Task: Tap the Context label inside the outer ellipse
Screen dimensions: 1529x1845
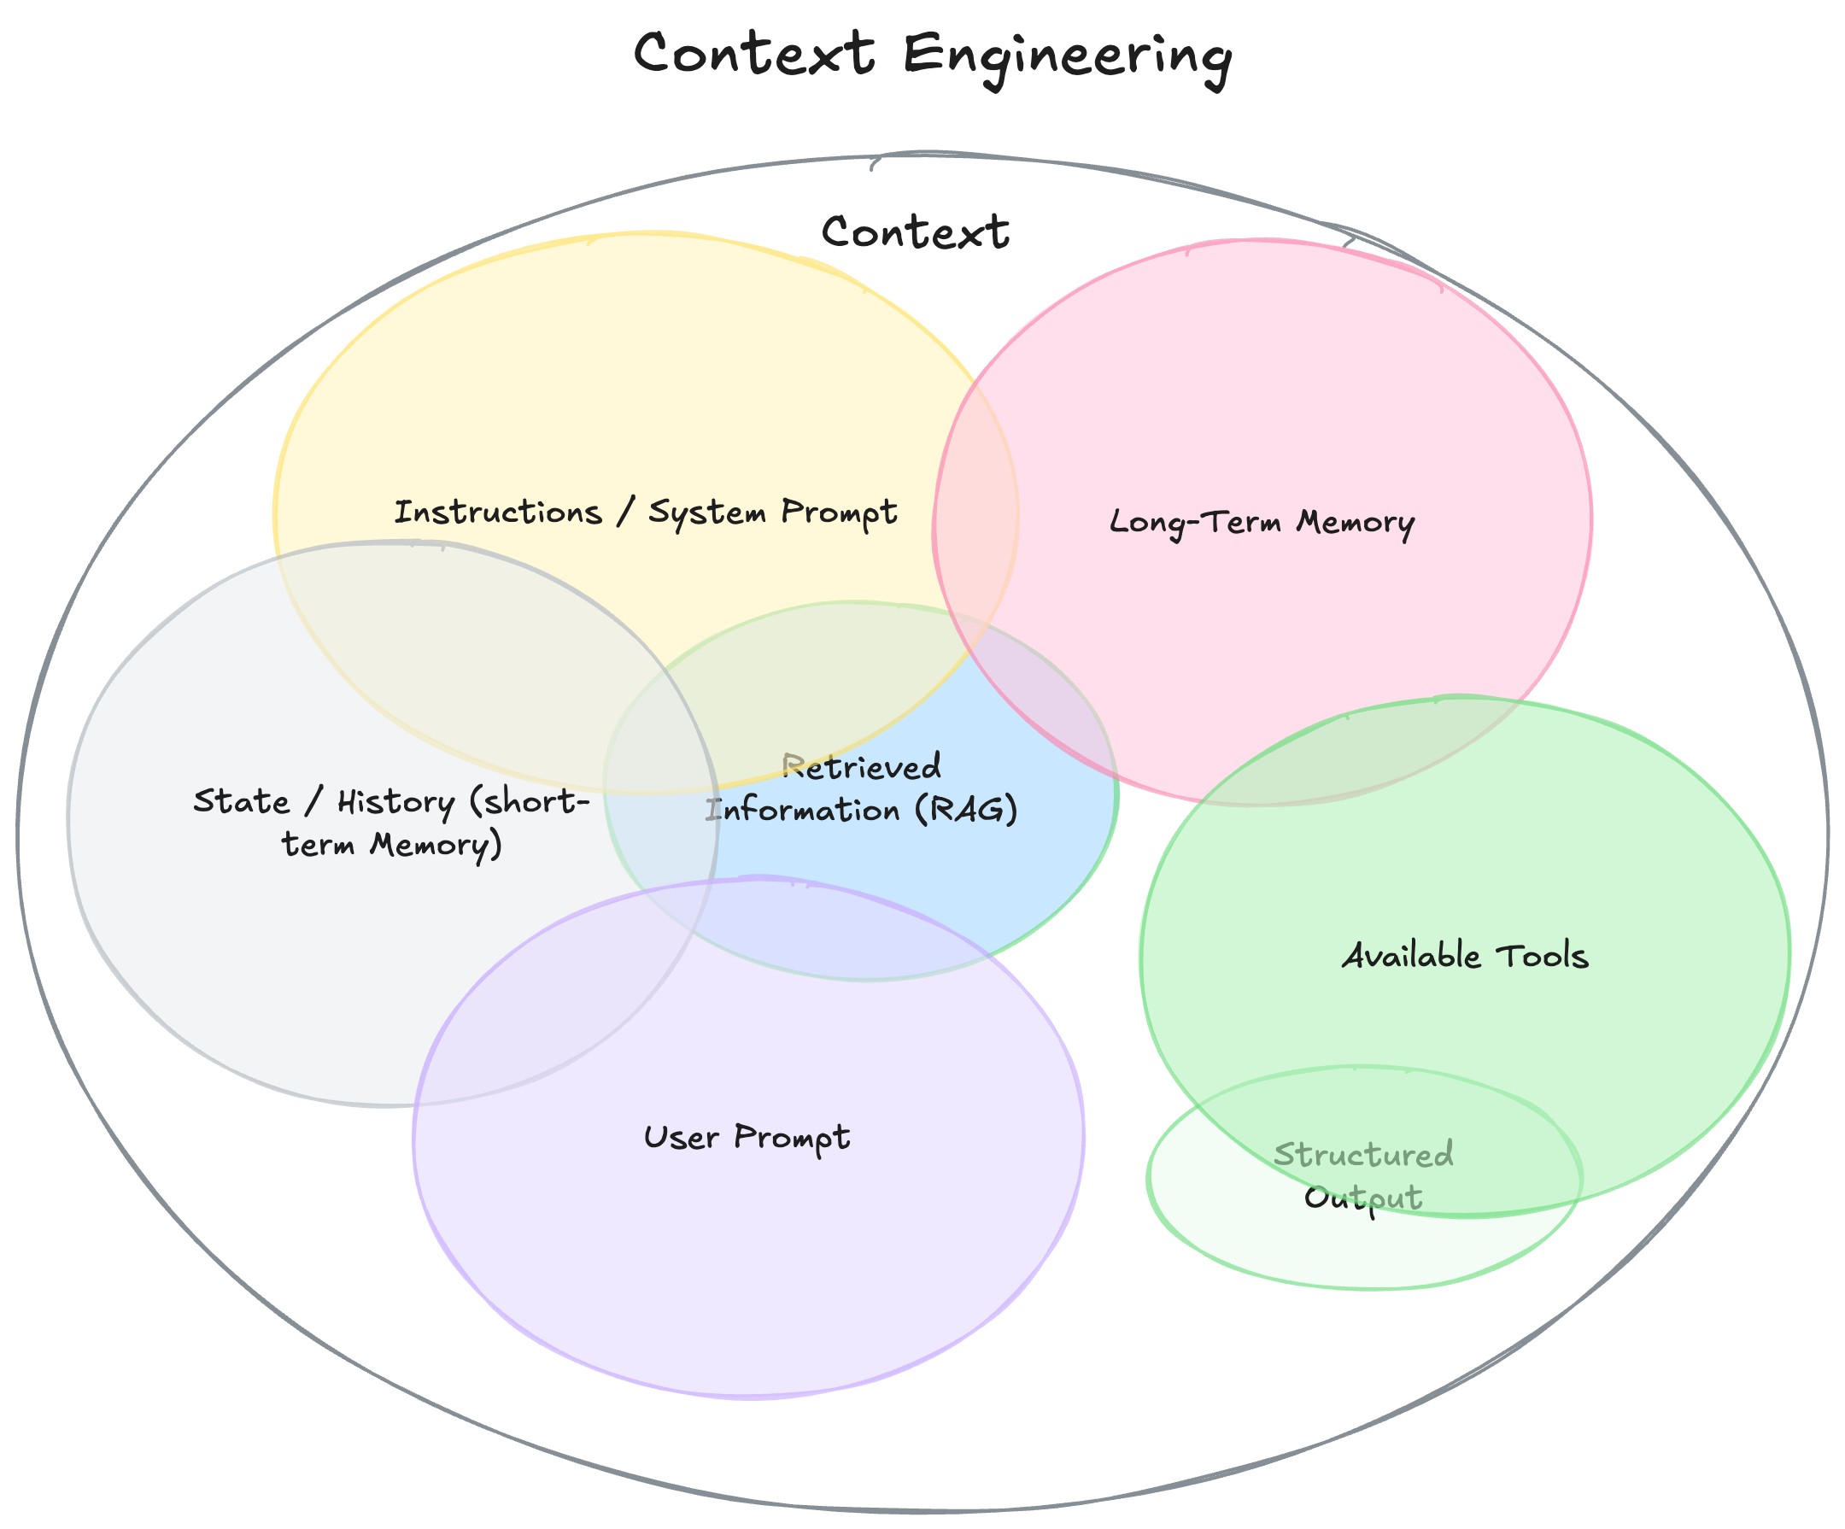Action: (x=915, y=233)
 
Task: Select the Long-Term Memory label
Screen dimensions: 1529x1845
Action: (x=1262, y=522)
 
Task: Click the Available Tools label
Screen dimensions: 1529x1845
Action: (x=1465, y=956)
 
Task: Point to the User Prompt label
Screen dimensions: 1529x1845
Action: (x=747, y=1138)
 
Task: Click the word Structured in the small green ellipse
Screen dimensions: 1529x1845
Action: (x=1363, y=1155)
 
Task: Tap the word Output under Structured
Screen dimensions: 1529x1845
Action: (x=1362, y=1198)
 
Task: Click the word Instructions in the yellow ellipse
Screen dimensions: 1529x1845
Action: (x=497, y=513)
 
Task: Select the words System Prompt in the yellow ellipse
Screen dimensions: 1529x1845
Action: (x=772, y=513)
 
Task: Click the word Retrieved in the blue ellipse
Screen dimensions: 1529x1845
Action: (x=861, y=767)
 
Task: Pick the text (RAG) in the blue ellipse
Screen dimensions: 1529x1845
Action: (x=965, y=809)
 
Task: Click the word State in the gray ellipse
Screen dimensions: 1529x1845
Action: (x=241, y=801)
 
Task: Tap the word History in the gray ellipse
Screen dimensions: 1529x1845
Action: (x=395, y=801)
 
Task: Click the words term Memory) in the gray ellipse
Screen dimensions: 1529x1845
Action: (x=392, y=845)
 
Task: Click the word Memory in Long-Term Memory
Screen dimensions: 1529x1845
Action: (x=1355, y=522)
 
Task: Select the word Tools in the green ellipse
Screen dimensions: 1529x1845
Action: (x=1542, y=956)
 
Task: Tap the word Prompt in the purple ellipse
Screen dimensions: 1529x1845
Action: (x=792, y=1138)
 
